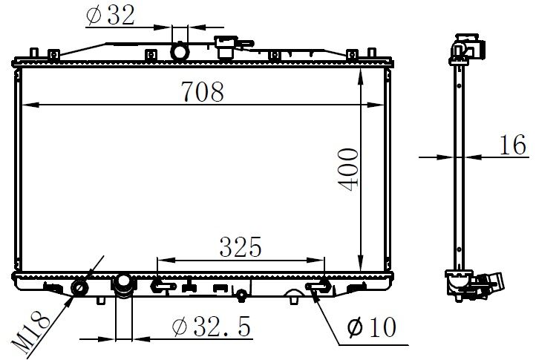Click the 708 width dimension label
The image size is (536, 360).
coord(203,91)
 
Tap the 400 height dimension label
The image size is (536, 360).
coord(348,169)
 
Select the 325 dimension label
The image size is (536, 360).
coord(241,247)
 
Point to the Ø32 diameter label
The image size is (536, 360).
coord(111,15)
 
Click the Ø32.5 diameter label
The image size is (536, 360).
coord(212,327)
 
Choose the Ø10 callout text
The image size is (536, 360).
coord(372,327)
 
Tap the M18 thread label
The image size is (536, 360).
coord(30,332)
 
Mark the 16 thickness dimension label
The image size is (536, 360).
coord(513,145)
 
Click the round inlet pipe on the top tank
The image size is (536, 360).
coord(180,51)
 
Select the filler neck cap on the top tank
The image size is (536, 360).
coord(226,47)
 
